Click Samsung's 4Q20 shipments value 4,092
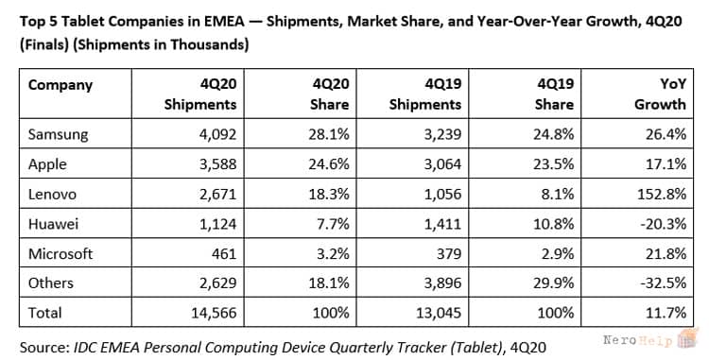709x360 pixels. (217, 134)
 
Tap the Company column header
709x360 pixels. (61, 85)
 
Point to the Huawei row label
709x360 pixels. (53, 224)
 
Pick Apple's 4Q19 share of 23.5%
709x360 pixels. (554, 164)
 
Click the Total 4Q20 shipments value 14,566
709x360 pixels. (214, 313)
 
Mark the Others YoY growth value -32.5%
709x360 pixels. (664, 283)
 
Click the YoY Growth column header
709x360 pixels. (661, 94)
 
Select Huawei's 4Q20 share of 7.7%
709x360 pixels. (334, 224)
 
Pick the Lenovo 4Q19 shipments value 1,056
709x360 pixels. (442, 194)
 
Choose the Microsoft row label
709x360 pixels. (61, 253)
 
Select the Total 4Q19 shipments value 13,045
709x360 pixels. (439, 313)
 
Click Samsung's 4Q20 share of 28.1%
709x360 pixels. (329, 134)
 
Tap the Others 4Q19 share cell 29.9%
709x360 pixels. (554, 283)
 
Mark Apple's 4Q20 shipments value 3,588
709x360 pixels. (217, 164)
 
